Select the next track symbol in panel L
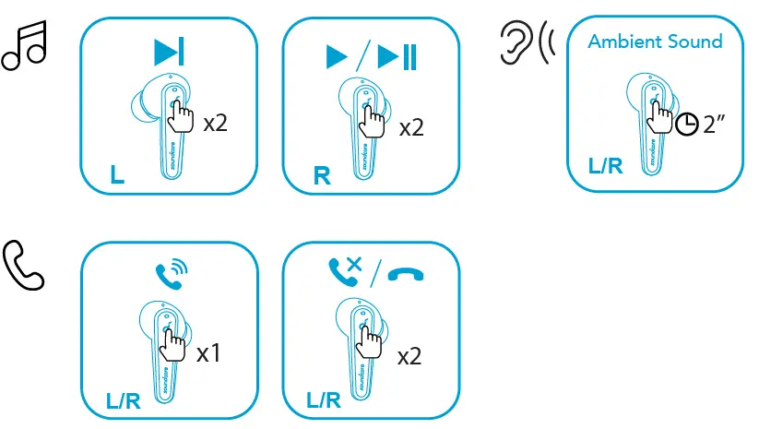pyautogui.click(x=168, y=52)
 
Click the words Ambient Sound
pyautogui.click(x=655, y=42)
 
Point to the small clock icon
pyautogui.click(x=686, y=125)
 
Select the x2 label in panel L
pyautogui.click(x=215, y=123)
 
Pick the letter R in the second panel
pyautogui.click(x=322, y=175)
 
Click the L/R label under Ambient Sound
pyautogui.click(x=605, y=167)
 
